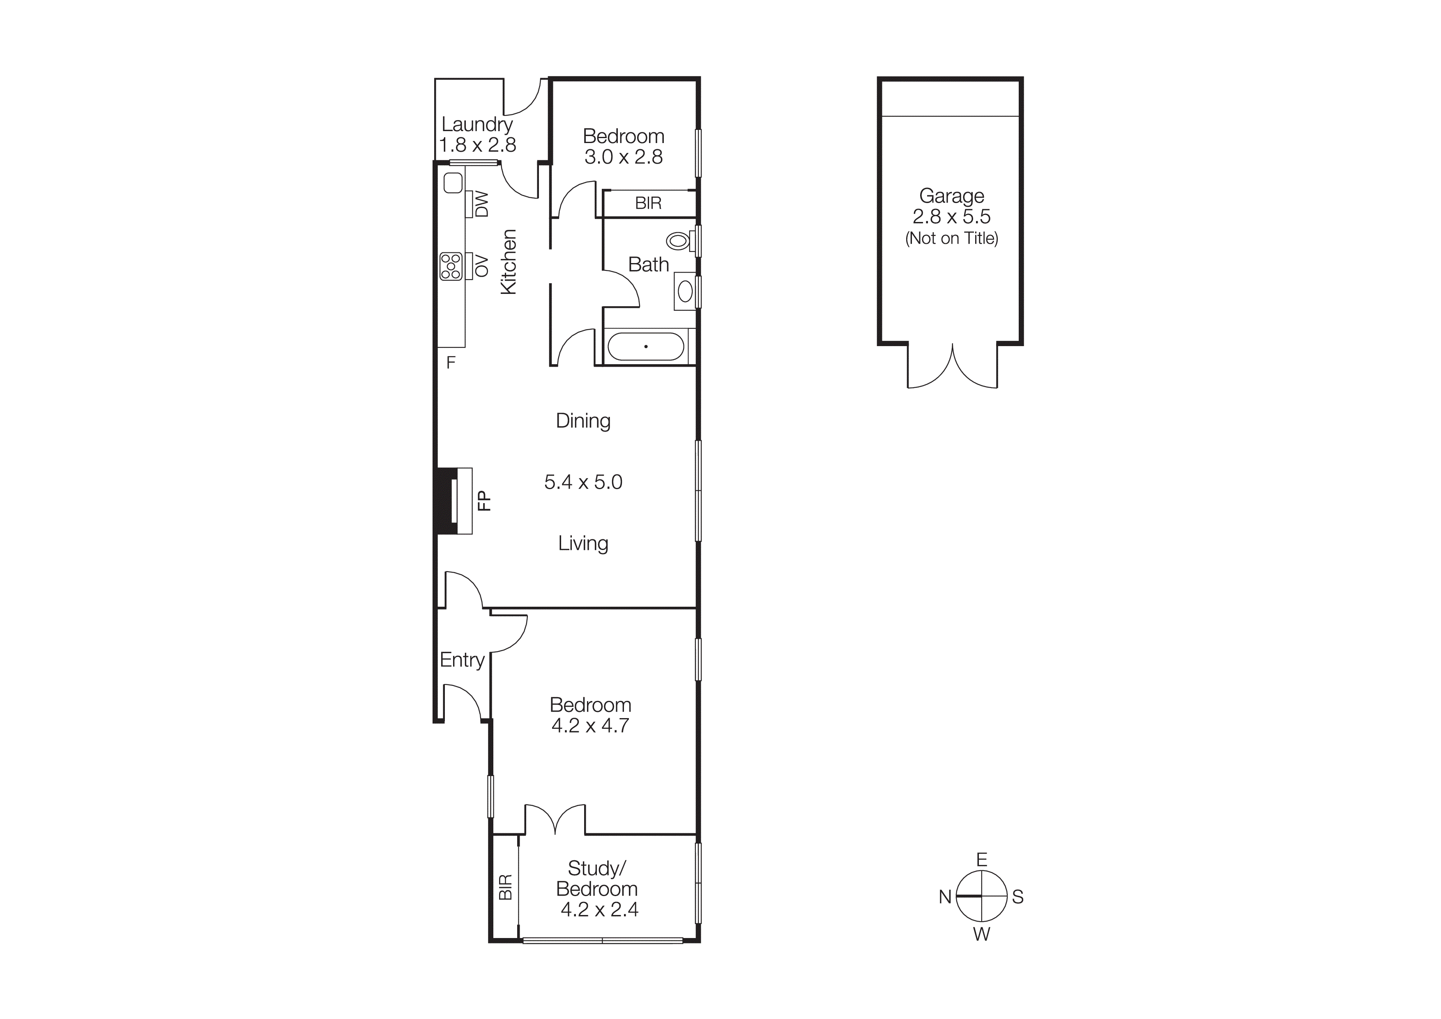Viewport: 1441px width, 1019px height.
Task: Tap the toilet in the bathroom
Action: pos(679,240)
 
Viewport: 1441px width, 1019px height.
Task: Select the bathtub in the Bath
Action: pos(646,347)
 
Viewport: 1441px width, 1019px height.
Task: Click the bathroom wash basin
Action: pos(685,291)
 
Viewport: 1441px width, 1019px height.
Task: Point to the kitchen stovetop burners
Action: pos(451,266)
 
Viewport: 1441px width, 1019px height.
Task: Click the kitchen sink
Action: pos(453,183)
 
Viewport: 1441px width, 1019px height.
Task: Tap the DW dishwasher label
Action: pos(481,204)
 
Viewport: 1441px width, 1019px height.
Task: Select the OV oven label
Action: pos(481,266)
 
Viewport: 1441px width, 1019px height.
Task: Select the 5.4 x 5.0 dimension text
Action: pos(583,482)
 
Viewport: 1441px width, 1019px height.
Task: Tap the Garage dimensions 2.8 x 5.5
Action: pos(951,217)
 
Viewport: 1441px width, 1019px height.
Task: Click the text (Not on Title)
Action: pos(951,238)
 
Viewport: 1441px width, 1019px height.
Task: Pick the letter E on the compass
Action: pos(982,860)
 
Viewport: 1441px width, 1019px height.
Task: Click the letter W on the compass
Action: pos(982,934)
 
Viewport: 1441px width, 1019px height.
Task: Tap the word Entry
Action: pos(462,660)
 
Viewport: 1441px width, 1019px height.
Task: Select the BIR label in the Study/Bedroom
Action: pos(505,887)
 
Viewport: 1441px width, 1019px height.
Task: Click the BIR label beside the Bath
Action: pos(648,203)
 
